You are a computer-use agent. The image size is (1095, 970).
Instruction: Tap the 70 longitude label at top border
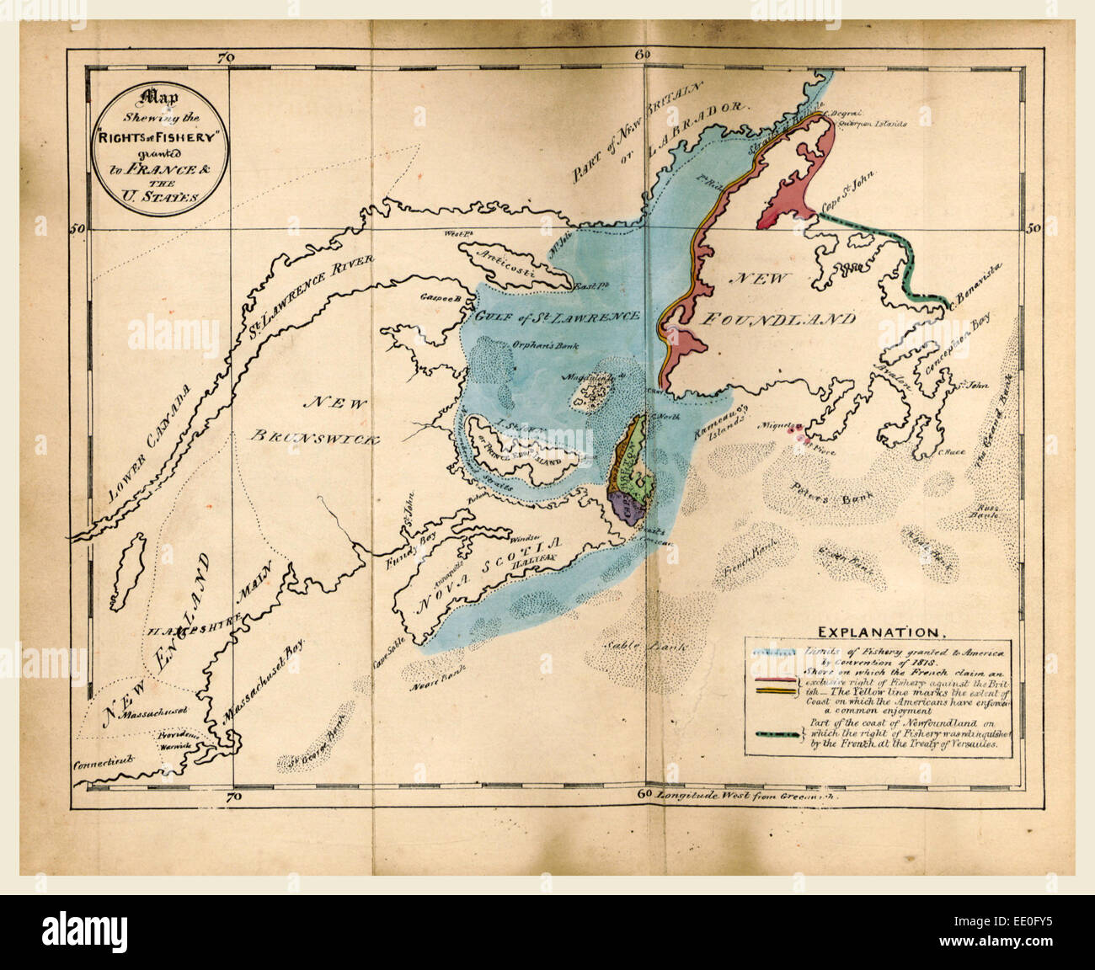(x=224, y=57)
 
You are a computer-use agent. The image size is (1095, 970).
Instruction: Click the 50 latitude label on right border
(x=1034, y=227)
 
